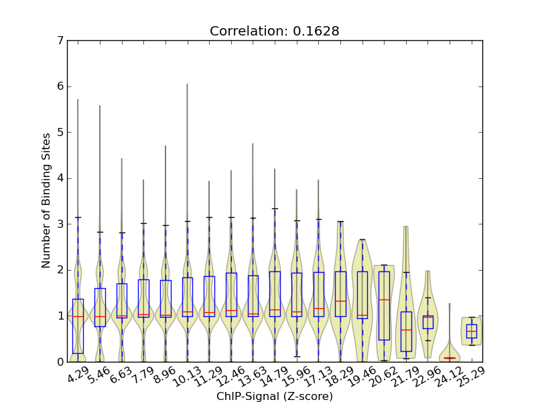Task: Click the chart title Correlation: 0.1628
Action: (x=275, y=31)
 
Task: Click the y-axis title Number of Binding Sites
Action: (x=46, y=201)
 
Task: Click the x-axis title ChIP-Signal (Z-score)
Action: (x=275, y=396)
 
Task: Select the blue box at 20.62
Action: (x=384, y=306)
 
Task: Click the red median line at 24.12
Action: (x=450, y=358)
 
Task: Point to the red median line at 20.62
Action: (x=384, y=299)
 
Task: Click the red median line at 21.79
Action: (x=406, y=330)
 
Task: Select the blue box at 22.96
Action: (x=427, y=322)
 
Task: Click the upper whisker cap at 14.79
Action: (x=275, y=208)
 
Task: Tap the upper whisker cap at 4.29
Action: (x=78, y=217)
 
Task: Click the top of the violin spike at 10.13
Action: (x=187, y=84)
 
